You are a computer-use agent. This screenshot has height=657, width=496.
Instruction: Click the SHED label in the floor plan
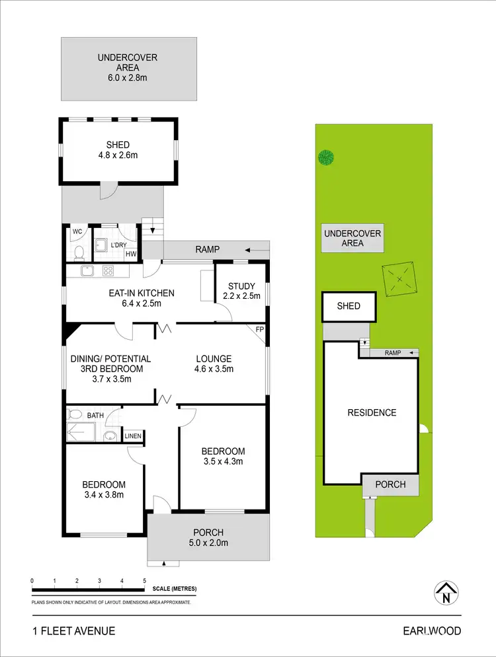[118, 145]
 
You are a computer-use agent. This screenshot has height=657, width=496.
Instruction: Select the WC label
[77, 231]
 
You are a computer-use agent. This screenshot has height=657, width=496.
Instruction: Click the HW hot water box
[131, 253]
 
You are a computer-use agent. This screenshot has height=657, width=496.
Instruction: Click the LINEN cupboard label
[132, 436]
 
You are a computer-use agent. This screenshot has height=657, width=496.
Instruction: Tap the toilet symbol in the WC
[79, 252]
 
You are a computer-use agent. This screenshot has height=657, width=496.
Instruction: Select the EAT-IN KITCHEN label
[142, 293]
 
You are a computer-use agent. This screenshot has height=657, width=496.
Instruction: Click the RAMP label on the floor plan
[207, 249]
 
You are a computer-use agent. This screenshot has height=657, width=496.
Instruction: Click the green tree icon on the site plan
[325, 157]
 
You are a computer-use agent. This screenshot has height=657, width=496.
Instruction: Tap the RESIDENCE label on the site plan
[372, 412]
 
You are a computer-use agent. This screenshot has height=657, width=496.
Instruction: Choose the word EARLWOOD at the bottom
[432, 631]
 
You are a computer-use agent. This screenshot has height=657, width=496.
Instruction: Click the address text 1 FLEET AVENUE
[73, 631]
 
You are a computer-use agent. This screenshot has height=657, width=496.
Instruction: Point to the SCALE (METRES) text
[174, 588]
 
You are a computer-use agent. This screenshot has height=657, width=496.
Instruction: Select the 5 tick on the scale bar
[144, 581]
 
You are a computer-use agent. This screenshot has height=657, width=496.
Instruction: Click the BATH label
[96, 415]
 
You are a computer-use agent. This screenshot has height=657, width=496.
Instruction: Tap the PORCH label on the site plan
[390, 484]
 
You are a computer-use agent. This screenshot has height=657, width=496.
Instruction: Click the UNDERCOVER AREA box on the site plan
[352, 239]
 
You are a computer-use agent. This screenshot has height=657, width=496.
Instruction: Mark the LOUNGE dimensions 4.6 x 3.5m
[213, 369]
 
